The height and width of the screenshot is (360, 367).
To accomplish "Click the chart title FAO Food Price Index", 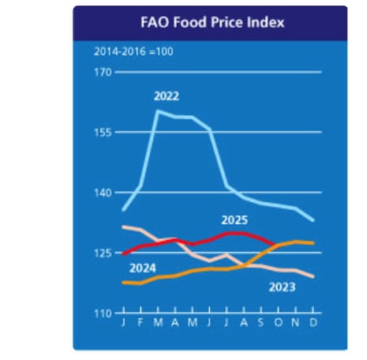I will [x=210, y=22].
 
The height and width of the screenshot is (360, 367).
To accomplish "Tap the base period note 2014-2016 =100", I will [x=133, y=52].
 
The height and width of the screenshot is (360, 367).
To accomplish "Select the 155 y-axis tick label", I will [x=103, y=133].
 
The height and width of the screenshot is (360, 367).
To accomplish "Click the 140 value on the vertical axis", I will [x=103, y=193].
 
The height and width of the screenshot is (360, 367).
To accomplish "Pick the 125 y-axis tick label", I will [x=103, y=253].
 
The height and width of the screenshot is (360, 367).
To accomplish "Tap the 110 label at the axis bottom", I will [x=103, y=313].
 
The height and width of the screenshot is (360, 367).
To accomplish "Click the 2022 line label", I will [x=166, y=96].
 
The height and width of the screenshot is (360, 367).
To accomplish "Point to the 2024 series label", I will [x=142, y=268].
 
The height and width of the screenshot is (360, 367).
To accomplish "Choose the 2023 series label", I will [x=282, y=286].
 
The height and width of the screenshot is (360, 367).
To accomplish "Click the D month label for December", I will [x=314, y=324].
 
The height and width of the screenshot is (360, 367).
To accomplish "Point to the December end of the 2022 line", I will [x=314, y=220].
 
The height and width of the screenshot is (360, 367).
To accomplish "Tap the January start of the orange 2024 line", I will [x=124, y=282].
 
